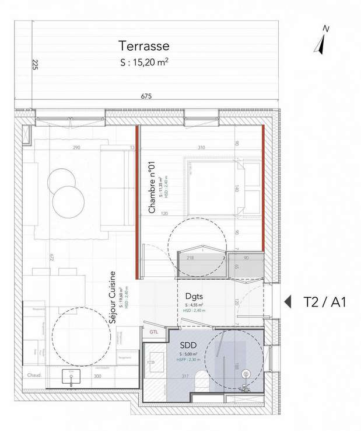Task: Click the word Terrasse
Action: (x=143, y=46)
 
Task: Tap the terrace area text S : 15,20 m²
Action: (x=143, y=60)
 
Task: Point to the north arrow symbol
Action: (x=320, y=41)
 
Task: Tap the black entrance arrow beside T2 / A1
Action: (x=288, y=302)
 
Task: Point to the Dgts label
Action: (x=194, y=296)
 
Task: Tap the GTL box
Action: (x=153, y=332)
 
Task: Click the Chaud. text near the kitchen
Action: (x=31, y=376)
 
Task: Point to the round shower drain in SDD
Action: (x=246, y=373)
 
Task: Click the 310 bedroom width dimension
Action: (x=201, y=148)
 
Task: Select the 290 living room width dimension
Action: (x=76, y=148)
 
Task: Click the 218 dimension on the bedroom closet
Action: (x=190, y=258)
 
